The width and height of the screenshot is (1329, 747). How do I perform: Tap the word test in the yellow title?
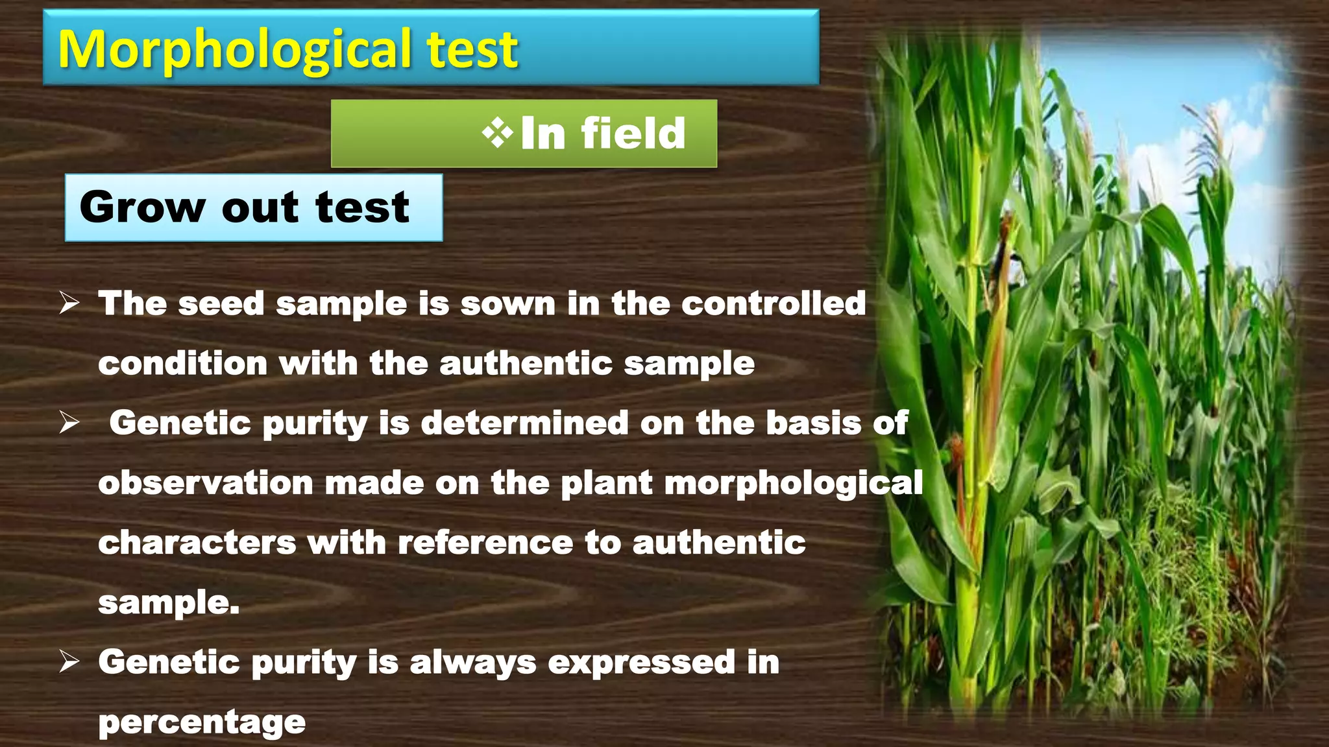coord(472,50)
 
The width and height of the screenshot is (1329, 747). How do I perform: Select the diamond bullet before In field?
coord(497,134)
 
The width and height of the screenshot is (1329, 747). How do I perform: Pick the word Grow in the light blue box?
coord(142,207)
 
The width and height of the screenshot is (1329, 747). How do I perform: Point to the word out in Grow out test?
coord(260,207)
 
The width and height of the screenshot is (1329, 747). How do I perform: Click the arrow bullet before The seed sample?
coord(69,303)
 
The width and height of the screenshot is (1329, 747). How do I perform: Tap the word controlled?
coord(774,303)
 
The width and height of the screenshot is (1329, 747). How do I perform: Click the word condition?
coord(182,363)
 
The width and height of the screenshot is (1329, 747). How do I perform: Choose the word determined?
coord(524,423)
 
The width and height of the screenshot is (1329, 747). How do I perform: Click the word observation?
coord(206,483)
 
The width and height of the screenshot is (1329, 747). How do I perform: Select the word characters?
coord(197,543)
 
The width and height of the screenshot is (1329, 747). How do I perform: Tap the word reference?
coord(485,543)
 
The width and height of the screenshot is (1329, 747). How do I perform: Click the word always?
coord(472,662)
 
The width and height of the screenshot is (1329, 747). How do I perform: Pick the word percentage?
coord(202,722)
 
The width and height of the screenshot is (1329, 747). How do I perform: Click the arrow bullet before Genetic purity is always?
coord(69,662)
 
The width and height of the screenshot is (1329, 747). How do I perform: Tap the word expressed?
coord(641,662)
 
